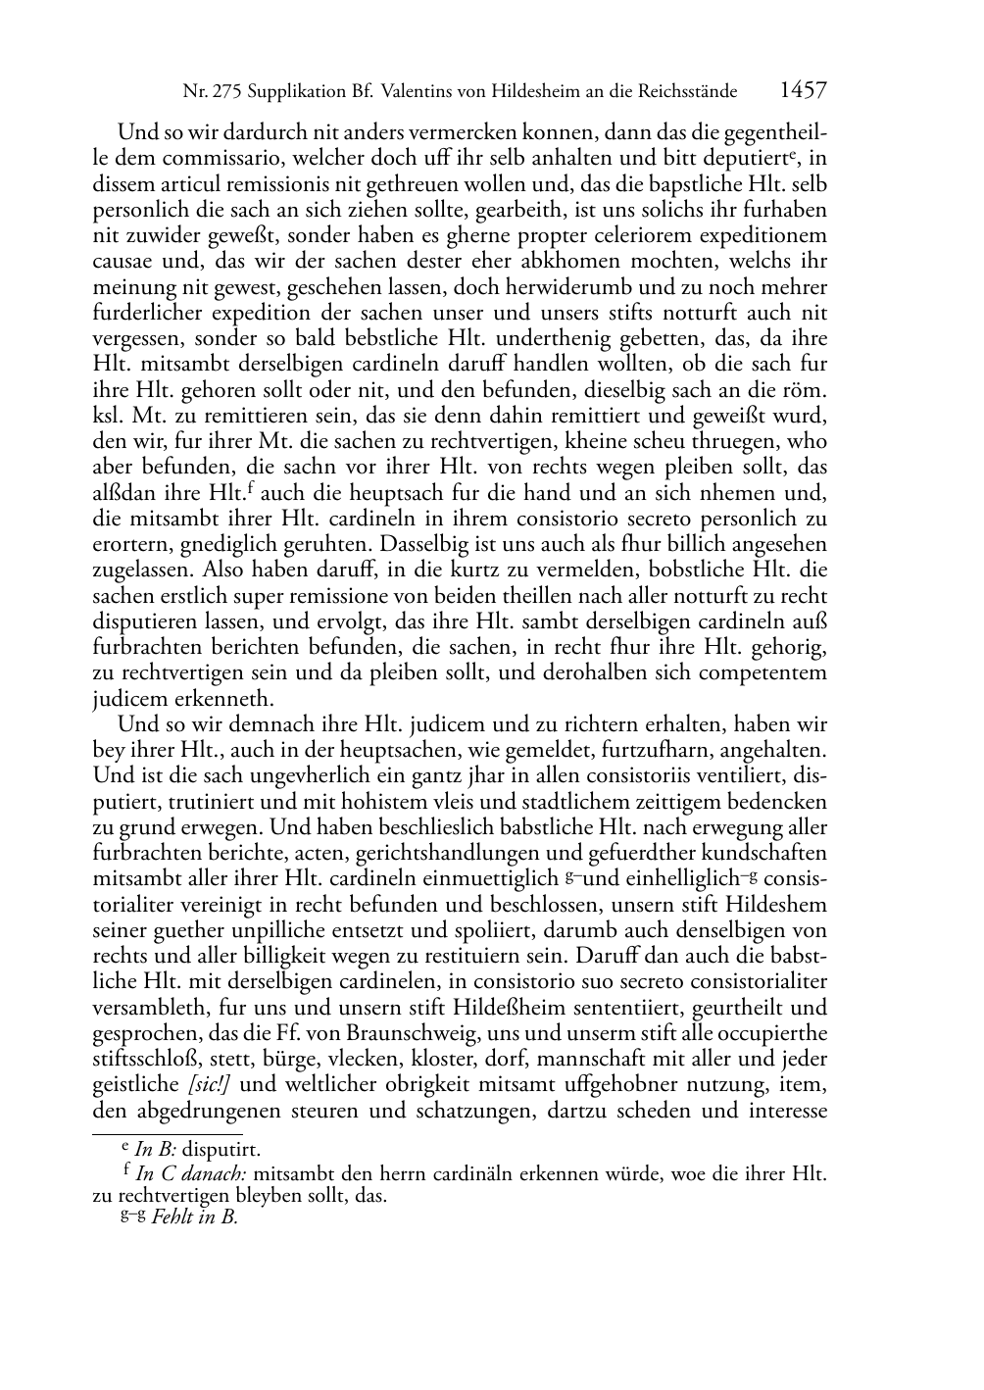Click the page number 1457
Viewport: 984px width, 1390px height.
803,91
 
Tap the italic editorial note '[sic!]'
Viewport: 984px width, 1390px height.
208,1085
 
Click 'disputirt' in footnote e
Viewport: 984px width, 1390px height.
220,1150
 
